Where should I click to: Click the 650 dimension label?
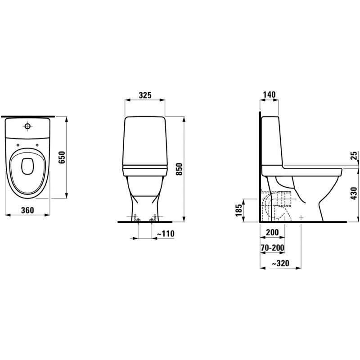pos(62,157)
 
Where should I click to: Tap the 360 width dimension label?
pos(27,210)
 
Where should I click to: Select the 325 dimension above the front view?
pos(145,95)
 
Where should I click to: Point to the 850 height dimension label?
pos(179,169)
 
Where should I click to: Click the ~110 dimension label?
pos(165,234)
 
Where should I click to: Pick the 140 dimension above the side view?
pos(269,94)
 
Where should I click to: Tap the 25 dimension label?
pos(354,155)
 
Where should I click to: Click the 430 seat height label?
pos(354,193)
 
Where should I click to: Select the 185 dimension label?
pos(239,210)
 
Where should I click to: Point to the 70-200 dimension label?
pos(273,248)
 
